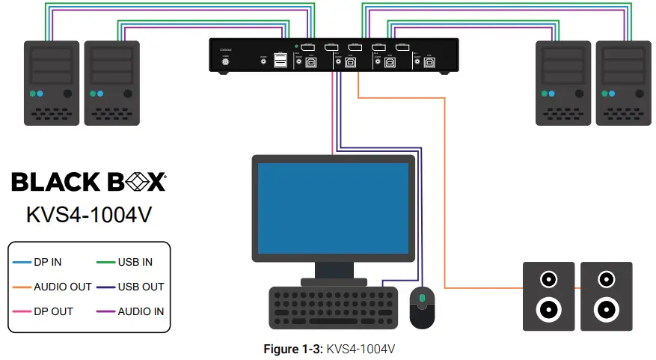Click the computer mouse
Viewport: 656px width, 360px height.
(x=422, y=307)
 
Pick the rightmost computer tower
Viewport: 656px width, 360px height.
(x=622, y=82)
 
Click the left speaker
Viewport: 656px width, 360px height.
(x=548, y=296)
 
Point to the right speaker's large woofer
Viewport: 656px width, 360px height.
(x=606, y=308)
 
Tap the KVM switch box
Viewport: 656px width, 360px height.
(x=333, y=55)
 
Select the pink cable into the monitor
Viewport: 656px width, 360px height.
(x=331, y=120)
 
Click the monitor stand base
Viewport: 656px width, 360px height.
(x=334, y=281)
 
